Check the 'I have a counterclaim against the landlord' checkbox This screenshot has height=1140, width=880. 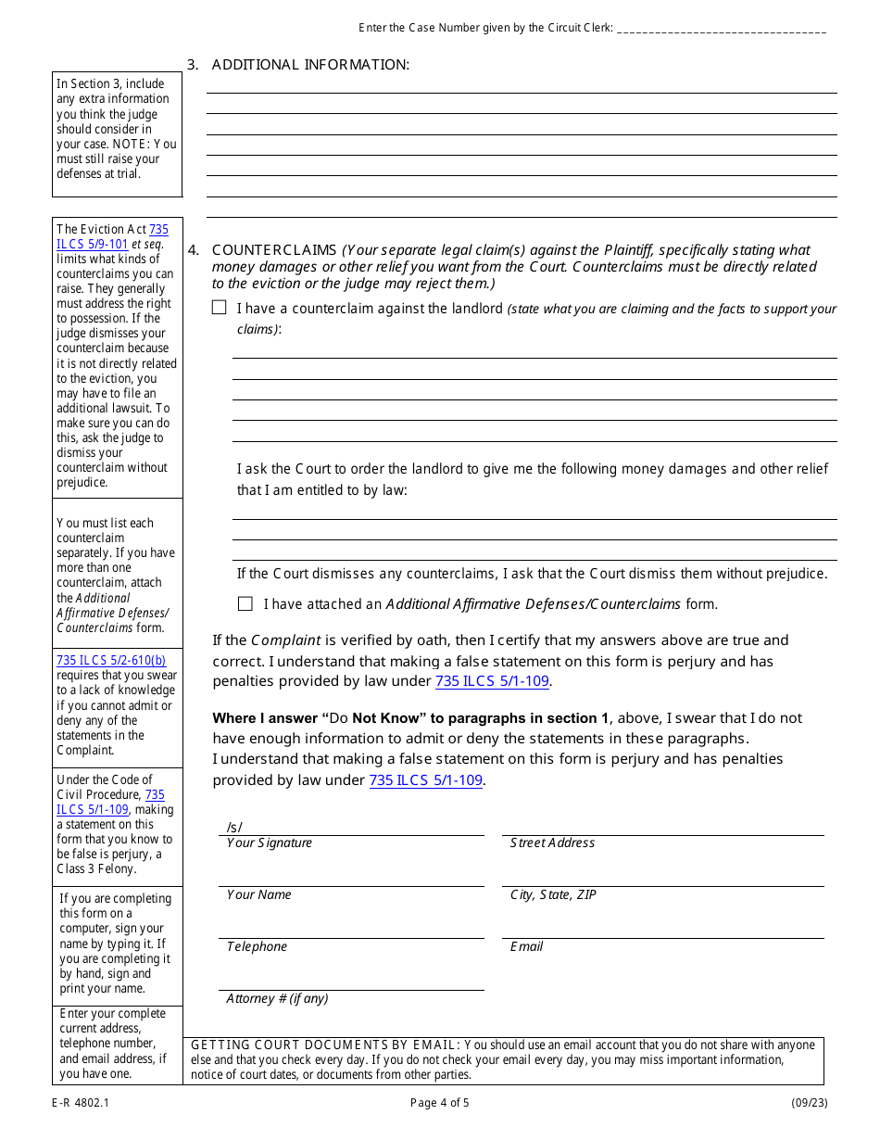[x=219, y=308]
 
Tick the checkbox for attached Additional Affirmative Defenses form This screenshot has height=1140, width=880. [x=245, y=604]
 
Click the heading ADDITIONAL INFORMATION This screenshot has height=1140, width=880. [x=310, y=65]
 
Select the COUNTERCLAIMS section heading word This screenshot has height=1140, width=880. [x=274, y=250]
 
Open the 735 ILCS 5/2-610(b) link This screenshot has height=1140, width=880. [x=111, y=661]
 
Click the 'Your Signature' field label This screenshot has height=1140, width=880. [x=270, y=843]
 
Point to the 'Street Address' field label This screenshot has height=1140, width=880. [x=552, y=843]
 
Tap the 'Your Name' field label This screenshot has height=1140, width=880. [x=259, y=895]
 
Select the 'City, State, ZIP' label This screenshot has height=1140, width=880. [x=553, y=895]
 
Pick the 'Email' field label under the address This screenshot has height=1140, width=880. [x=526, y=947]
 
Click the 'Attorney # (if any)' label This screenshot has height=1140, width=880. [x=277, y=999]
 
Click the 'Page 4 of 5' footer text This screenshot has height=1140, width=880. [x=440, y=1103]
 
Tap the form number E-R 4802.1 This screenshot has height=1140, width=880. [x=81, y=1103]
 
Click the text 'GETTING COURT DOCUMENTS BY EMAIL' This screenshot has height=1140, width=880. [x=324, y=1045]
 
